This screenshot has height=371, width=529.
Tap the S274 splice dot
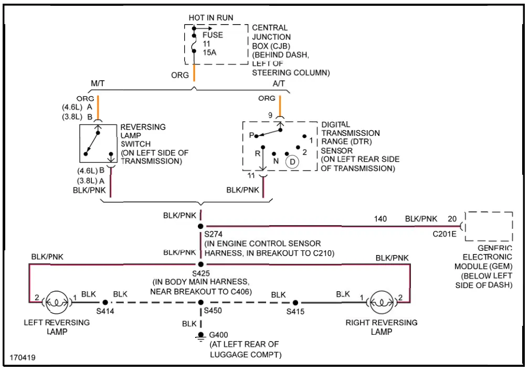(x=200, y=226)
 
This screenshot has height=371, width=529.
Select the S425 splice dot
(x=200, y=264)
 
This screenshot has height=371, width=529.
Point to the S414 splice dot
(x=105, y=303)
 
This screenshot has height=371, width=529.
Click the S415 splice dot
(x=295, y=303)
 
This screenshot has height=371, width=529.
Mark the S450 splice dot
(x=200, y=303)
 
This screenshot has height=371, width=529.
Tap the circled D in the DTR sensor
(x=292, y=162)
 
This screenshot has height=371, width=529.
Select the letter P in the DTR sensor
(x=251, y=135)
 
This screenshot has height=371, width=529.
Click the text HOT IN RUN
(x=211, y=17)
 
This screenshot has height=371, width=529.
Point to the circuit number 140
(x=380, y=219)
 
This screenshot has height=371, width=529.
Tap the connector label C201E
(x=445, y=234)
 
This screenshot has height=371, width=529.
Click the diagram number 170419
(x=23, y=357)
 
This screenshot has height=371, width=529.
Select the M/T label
(x=98, y=83)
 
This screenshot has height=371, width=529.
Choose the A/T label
(x=279, y=83)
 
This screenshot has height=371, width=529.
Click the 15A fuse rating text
(x=209, y=52)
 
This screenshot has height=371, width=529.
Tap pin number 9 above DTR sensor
(x=270, y=115)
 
